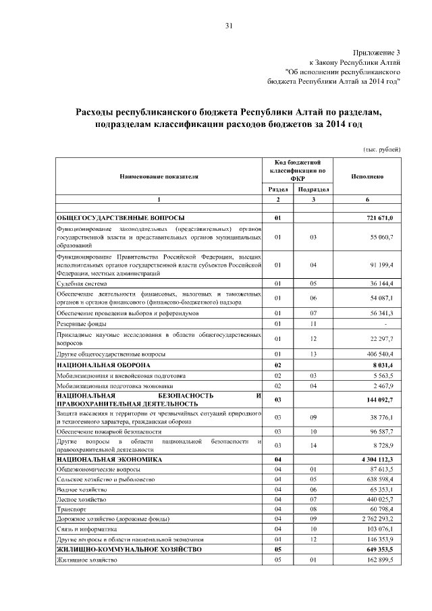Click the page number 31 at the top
pyautogui.click(x=229, y=26)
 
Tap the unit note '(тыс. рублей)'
pyautogui.click(x=379, y=149)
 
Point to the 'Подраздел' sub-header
pyautogui.click(x=313, y=190)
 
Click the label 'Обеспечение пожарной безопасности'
pyautogui.click(x=109, y=430)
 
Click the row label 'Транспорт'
pyautogui.click(x=72, y=508)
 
